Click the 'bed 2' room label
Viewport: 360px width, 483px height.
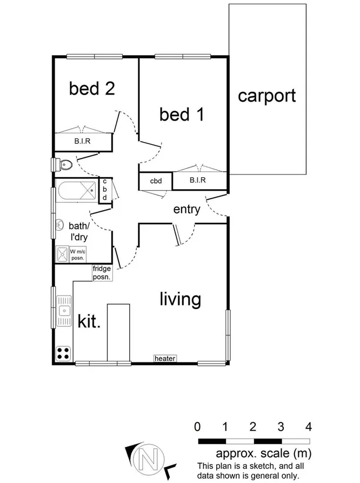tap(92, 88)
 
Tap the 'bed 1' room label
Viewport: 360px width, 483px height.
tap(182, 114)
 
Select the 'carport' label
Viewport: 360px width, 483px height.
tap(267, 96)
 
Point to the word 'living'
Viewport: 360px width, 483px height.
tap(181, 299)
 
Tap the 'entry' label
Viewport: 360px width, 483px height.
tap(187, 209)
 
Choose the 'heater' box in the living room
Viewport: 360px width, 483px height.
tap(165, 358)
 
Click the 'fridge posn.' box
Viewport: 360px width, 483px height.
tap(102, 273)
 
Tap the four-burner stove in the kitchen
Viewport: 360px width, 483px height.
tap(63, 353)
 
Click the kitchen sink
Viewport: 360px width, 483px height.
tap(64, 311)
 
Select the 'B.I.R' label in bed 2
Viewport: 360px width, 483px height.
tap(82, 143)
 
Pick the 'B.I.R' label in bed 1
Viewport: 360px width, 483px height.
tap(197, 181)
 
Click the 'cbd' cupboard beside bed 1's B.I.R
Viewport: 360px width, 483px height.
tap(156, 181)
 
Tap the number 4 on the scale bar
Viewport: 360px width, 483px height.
tap(309, 427)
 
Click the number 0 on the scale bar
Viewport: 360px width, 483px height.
tap(198, 427)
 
